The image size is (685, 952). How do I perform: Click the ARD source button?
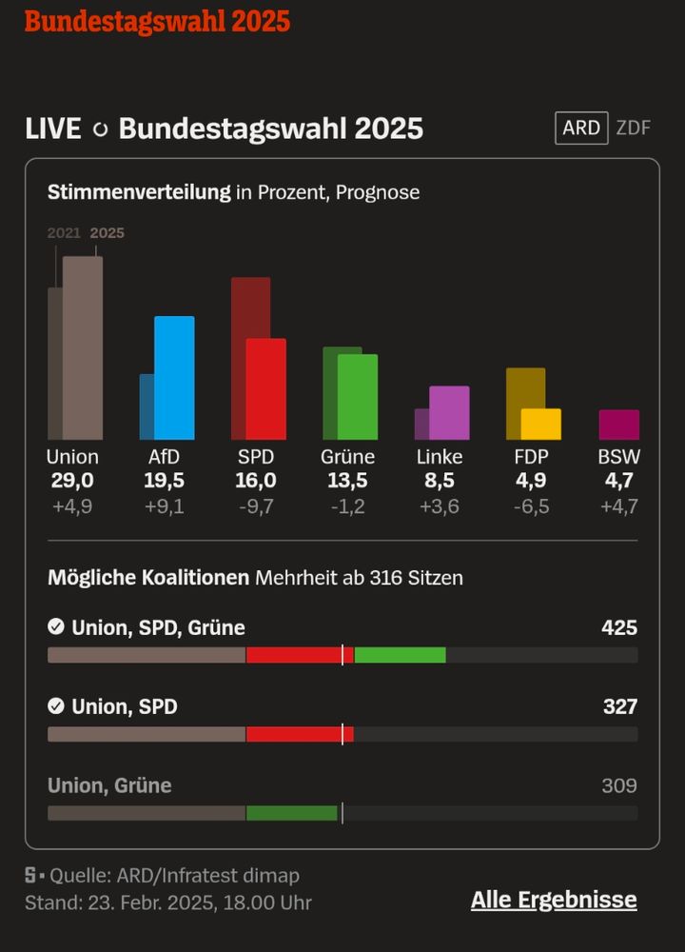pos(581,128)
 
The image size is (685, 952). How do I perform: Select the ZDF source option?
pos(634,128)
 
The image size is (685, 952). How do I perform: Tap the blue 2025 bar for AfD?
pos(174,378)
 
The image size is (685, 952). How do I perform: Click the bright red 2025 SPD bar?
pos(265,389)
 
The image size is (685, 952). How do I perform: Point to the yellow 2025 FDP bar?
pos(541,424)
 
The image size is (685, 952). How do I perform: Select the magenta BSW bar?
pos(619,425)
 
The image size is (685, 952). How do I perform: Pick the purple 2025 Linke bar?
pos(449,412)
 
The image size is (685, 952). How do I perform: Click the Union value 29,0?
pos(72,481)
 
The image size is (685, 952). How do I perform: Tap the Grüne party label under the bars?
pos(348,457)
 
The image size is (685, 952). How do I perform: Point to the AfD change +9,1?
pos(165,506)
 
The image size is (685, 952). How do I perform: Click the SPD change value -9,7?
pos(256,506)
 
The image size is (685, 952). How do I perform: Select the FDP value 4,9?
pos(531,481)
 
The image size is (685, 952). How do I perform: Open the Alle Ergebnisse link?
pos(554,901)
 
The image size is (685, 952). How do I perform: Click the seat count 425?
pos(619,628)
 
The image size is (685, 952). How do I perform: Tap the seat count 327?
pos(619,707)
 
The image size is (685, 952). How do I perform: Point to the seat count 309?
pos(619,786)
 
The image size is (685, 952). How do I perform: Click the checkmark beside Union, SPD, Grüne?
pos(56,627)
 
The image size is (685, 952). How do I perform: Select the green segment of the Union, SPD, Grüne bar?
pos(400,655)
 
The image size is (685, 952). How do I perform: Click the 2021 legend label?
pos(64,233)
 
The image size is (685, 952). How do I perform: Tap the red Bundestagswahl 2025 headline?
pos(157,21)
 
